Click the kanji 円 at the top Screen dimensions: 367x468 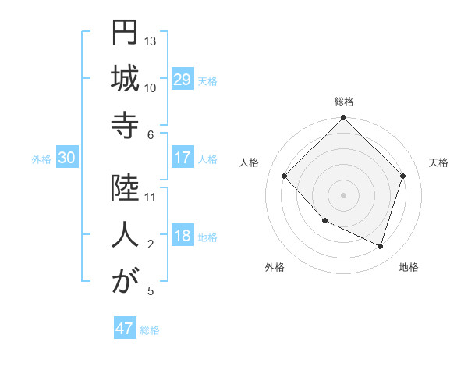(x=124, y=34)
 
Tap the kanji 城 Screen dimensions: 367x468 (x=124, y=80)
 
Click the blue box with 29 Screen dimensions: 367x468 (x=182, y=80)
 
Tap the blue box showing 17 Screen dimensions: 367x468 (x=182, y=158)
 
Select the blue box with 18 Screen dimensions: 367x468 (x=182, y=236)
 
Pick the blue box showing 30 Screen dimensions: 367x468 (x=66, y=158)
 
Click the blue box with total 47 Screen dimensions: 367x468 (x=125, y=329)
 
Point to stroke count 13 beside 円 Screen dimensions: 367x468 (x=151, y=41)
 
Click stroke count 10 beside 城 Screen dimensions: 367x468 (x=151, y=87)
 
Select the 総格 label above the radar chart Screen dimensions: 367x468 (x=343, y=102)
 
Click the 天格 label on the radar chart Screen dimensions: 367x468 (x=438, y=162)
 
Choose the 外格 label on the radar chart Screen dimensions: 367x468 (x=275, y=267)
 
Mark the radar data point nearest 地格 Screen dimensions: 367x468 (x=380, y=246)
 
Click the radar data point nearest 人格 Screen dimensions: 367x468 (x=285, y=176)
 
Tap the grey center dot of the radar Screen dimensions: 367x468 (x=343, y=194)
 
